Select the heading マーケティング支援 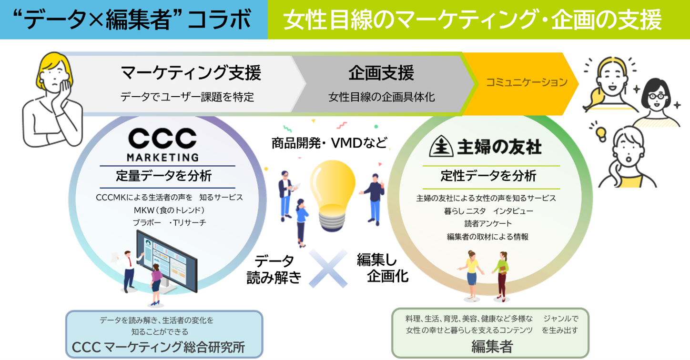coord(191,73)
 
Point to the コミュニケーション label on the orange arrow coord(527,82)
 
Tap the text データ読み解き coord(274,269)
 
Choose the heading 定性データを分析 coord(488,176)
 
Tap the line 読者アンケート coord(488,223)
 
